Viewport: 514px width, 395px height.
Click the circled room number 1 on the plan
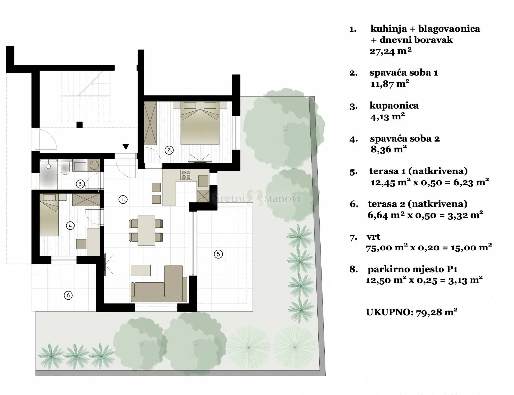123,199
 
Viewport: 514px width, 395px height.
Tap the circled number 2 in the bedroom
169,150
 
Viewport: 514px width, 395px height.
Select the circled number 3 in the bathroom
80,184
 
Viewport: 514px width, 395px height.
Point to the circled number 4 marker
70,225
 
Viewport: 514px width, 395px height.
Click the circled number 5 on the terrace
218,254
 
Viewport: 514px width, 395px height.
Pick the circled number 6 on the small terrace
68,295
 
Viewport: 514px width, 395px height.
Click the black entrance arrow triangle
126,146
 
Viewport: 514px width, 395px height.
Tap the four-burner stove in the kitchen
186,175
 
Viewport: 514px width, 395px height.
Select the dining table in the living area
146,230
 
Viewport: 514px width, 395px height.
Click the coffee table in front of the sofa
141,270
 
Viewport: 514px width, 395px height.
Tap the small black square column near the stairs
80,125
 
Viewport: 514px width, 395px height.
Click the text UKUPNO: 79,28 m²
412,312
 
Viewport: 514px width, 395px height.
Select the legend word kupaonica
394,105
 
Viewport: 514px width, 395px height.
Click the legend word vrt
373,236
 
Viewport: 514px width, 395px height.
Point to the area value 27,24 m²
390,51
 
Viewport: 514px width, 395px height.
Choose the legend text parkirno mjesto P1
413,269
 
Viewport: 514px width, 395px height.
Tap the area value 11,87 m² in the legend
390,84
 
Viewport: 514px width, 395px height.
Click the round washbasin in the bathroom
94,165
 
